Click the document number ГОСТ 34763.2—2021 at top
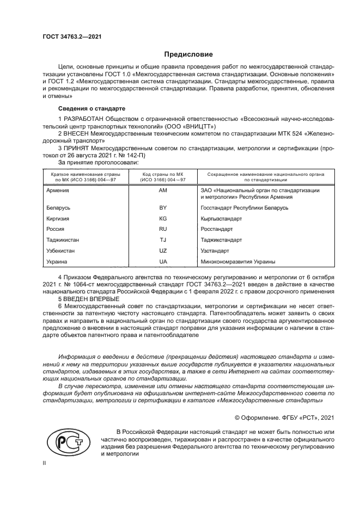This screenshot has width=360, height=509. [x=72, y=37]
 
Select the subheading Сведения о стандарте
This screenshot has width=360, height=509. [x=91, y=108]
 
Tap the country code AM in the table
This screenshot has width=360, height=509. [x=163, y=191]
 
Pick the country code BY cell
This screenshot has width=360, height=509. [x=163, y=208]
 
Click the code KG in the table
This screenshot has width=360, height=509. [x=163, y=218]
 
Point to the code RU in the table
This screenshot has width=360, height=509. [x=163, y=229]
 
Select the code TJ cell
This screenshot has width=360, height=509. [x=163, y=240]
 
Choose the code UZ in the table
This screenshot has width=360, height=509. [x=163, y=250]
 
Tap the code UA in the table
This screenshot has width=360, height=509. [x=163, y=261]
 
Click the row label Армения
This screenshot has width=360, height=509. [x=58, y=191]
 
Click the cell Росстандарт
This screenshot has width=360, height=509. [x=217, y=229]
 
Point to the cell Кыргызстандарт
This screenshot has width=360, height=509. [x=222, y=218]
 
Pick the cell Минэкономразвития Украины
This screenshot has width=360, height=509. [x=238, y=261]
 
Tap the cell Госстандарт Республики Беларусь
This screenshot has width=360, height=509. [x=245, y=208]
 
